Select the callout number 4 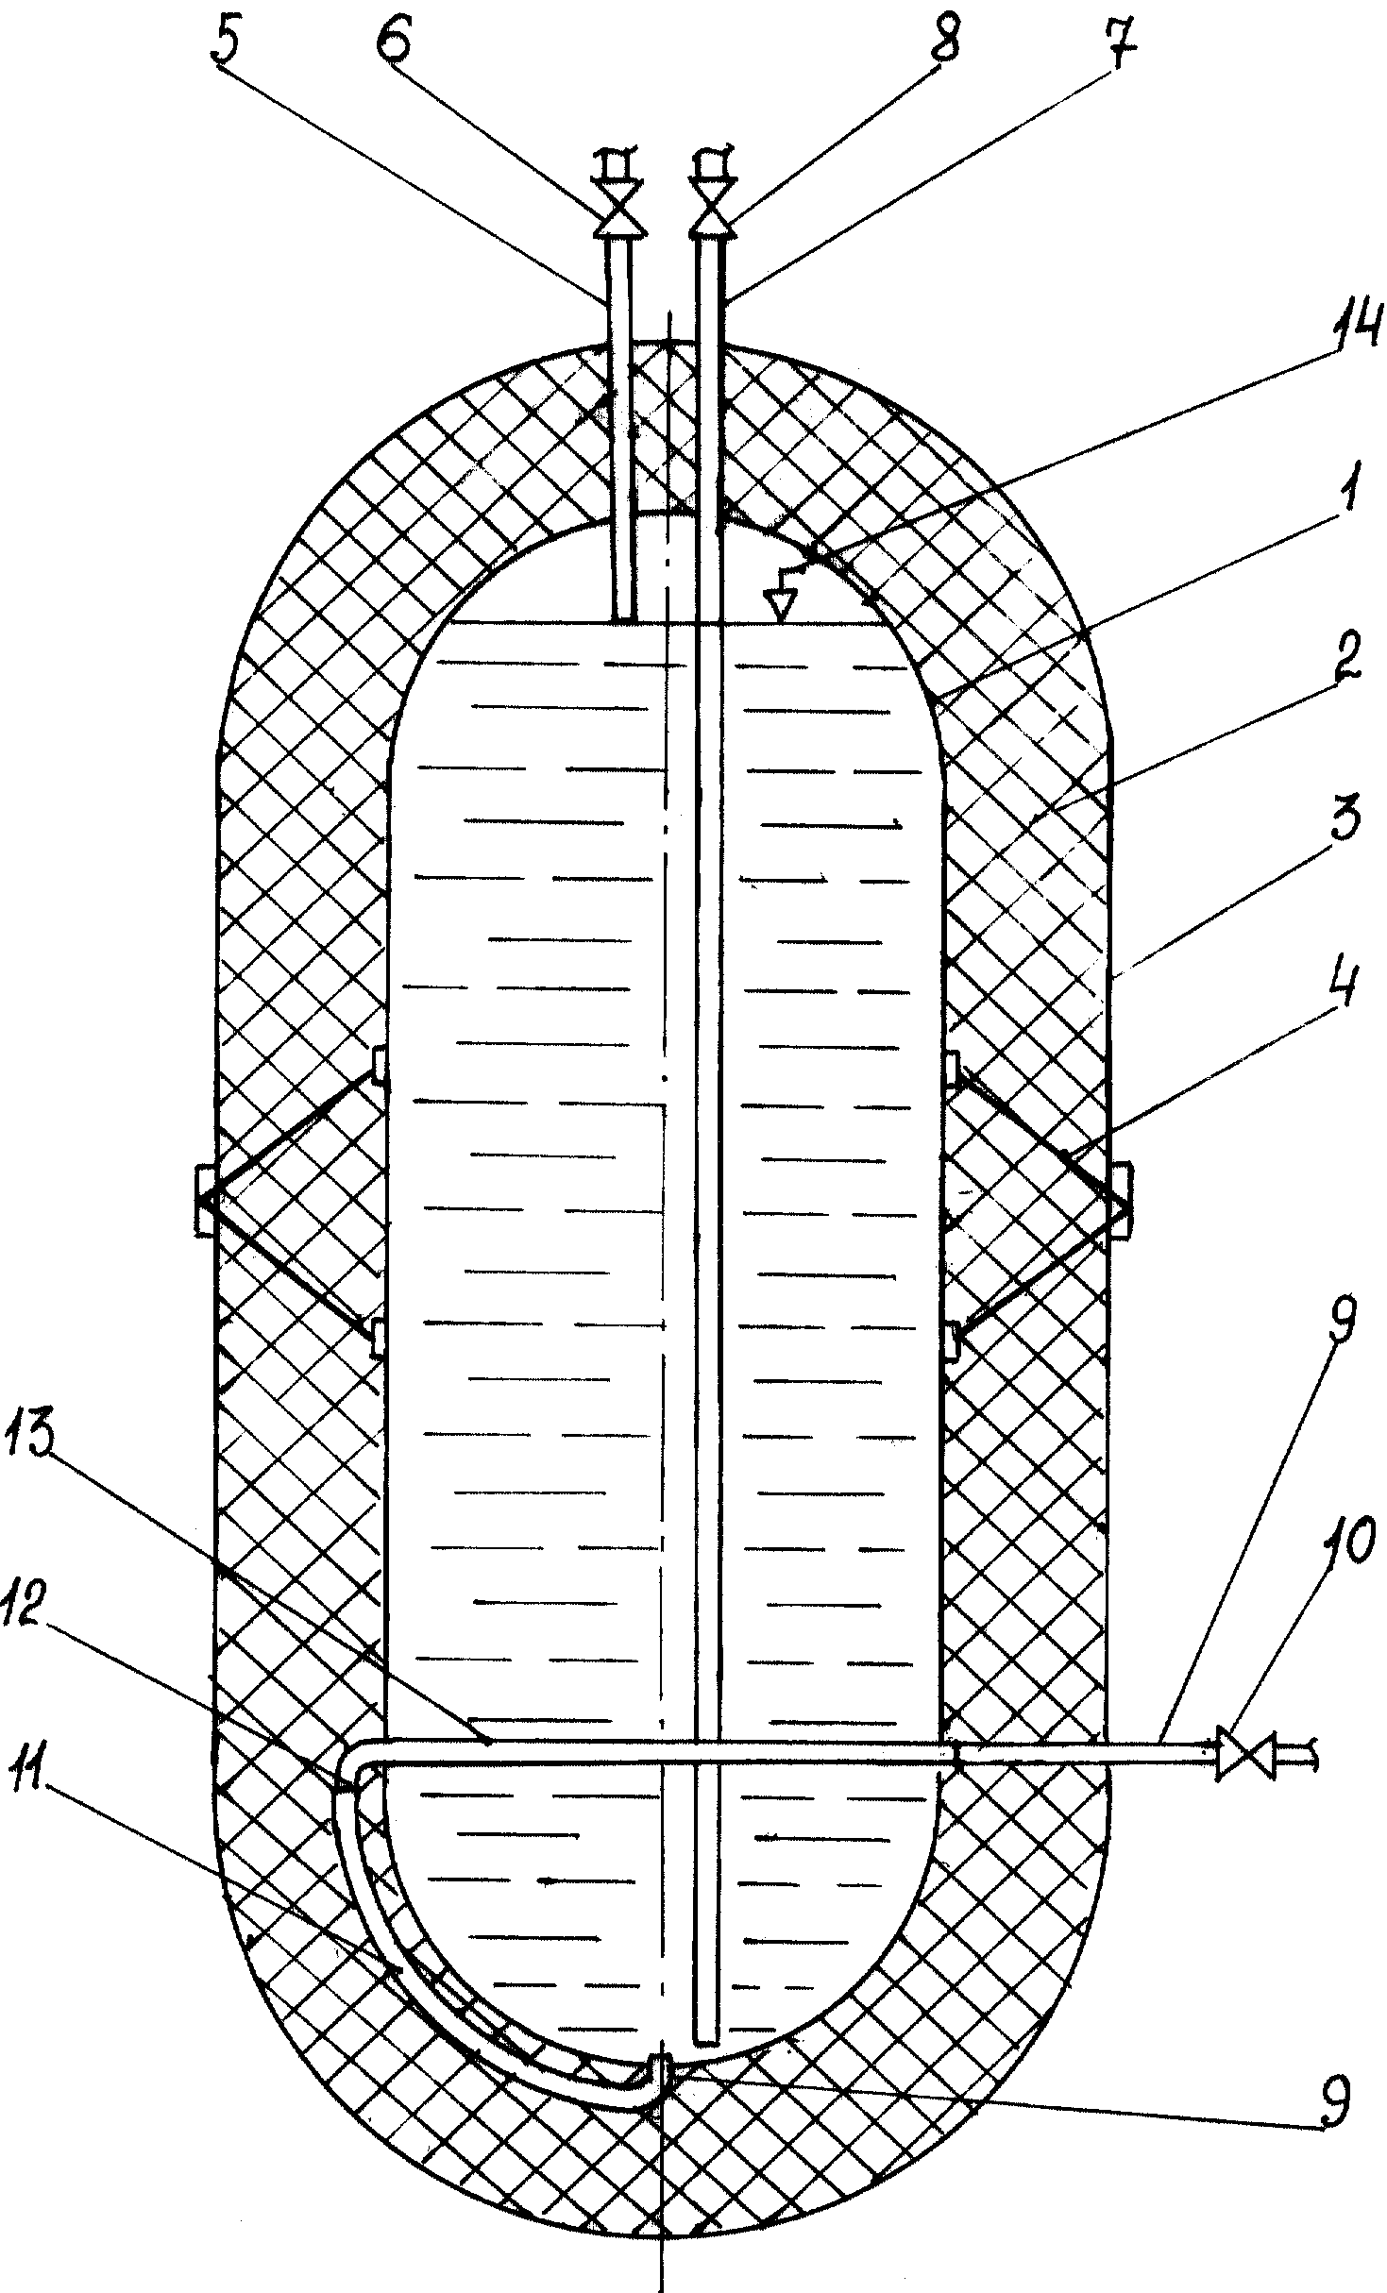(x=1338, y=989)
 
